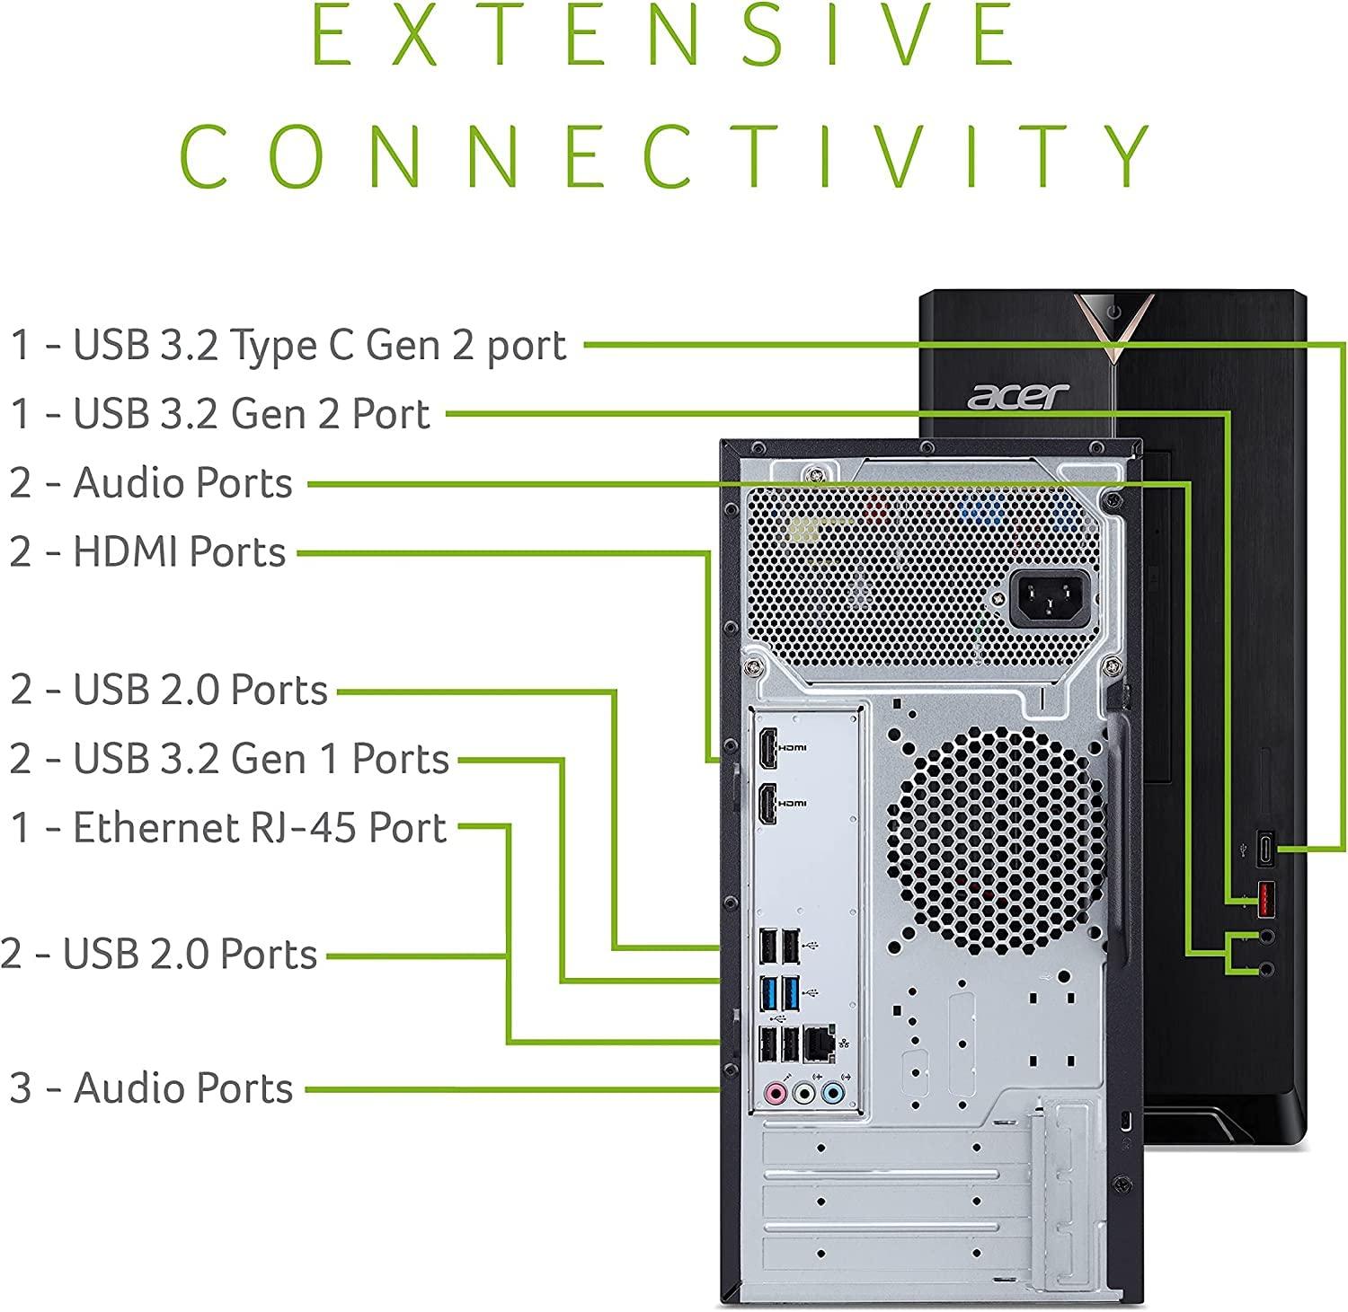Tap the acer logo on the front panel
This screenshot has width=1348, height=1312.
pos(1018,395)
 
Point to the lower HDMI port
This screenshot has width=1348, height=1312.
pos(767,805)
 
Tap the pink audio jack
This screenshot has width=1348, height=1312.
pos(775,1093)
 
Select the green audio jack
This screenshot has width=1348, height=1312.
pos(805,1093)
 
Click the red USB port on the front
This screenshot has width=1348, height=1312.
pos(1264,900)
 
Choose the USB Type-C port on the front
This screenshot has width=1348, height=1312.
pos(1265,849)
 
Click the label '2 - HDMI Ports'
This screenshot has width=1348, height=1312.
pos(147,551)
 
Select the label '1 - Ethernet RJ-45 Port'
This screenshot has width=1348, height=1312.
pos(228,827)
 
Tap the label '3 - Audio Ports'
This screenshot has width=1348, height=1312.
pos(151,1087)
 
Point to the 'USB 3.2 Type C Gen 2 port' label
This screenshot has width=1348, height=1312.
pos(288,345)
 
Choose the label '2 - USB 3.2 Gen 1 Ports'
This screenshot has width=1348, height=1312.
pos(229,758)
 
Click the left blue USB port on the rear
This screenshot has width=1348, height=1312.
pos(767,992)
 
